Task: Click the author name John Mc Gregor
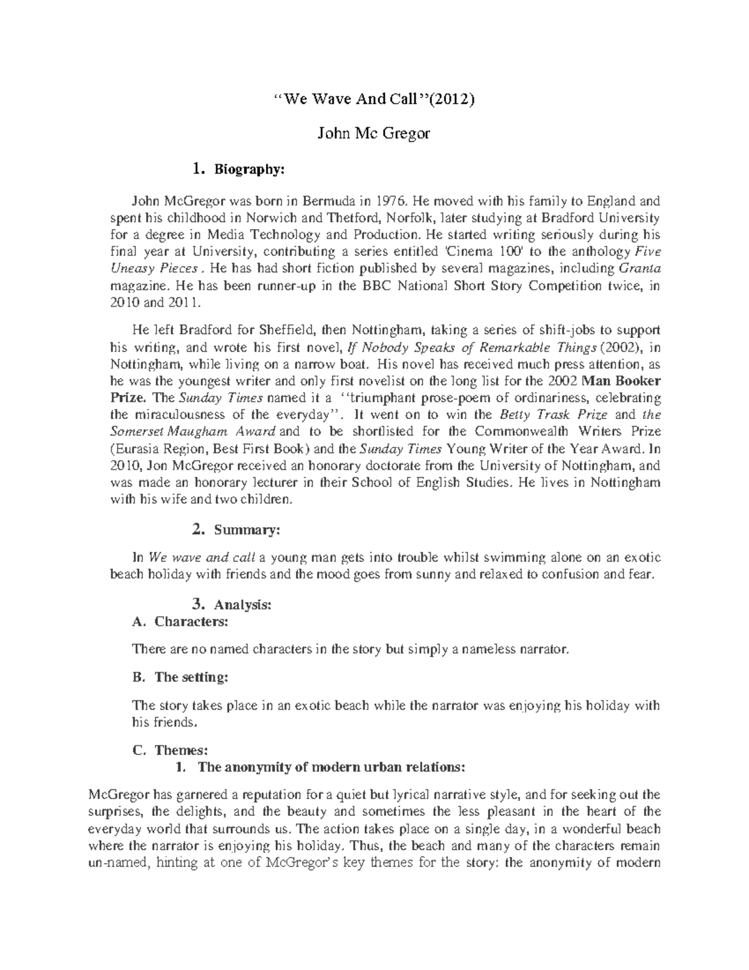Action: (374, 134)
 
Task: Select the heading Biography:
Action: (250, 169)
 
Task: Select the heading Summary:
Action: (247, 530)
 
